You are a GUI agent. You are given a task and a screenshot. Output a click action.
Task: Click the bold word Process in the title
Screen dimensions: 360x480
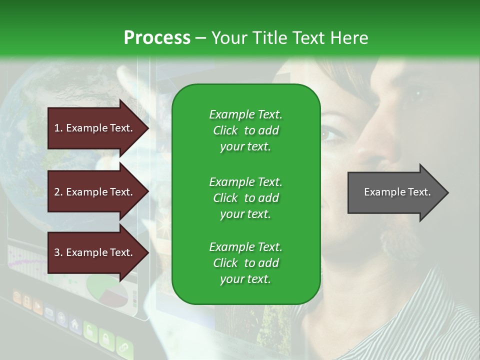[157, 37]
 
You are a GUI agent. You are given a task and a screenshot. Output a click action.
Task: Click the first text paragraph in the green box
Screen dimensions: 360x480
[245, 130]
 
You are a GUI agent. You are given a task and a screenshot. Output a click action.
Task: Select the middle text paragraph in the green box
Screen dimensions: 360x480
[245, 198]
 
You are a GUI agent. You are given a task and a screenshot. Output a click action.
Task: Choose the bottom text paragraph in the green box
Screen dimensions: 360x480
[245, 263]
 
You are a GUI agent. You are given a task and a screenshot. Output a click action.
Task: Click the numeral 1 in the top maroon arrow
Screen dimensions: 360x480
[57, 128]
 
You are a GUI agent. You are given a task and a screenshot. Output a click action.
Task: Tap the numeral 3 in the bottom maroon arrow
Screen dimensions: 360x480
[57, 252]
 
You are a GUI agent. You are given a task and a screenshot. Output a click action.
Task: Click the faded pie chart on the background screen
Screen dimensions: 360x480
[107, 290]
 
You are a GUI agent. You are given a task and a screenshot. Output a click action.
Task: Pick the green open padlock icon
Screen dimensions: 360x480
[90, 331]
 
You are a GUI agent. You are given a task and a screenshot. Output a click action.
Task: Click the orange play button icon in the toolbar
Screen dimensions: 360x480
[38, 306]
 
